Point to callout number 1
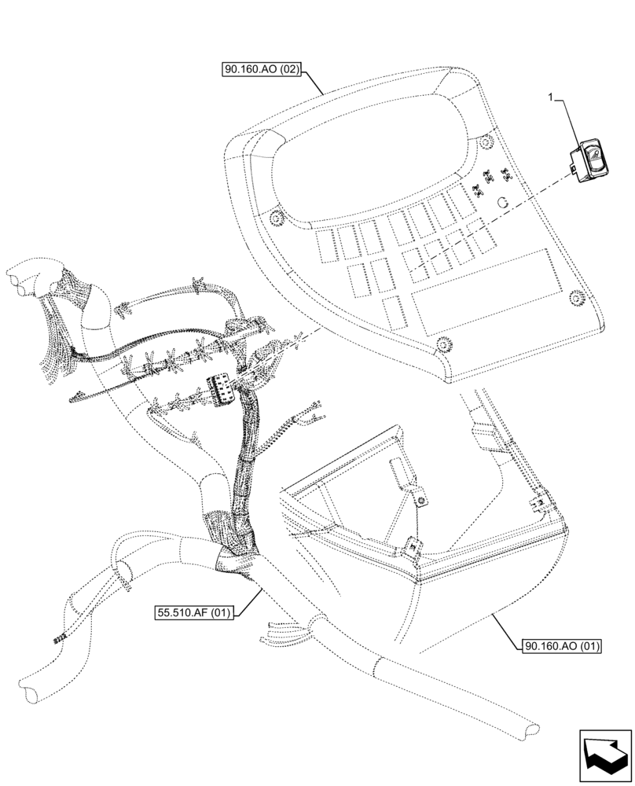click(x=552, y=97)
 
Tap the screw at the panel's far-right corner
click(x=576, y=296)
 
